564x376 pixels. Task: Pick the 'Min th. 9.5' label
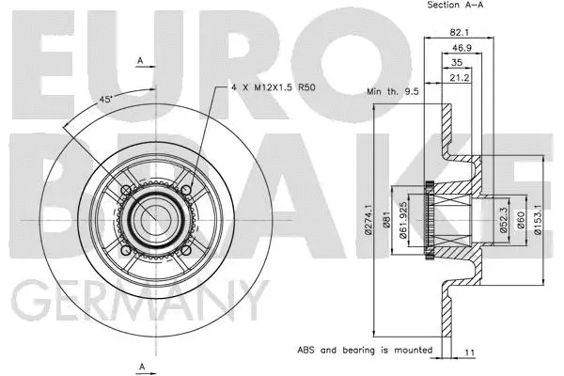[391, 92]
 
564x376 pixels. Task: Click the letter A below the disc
[141, 365]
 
